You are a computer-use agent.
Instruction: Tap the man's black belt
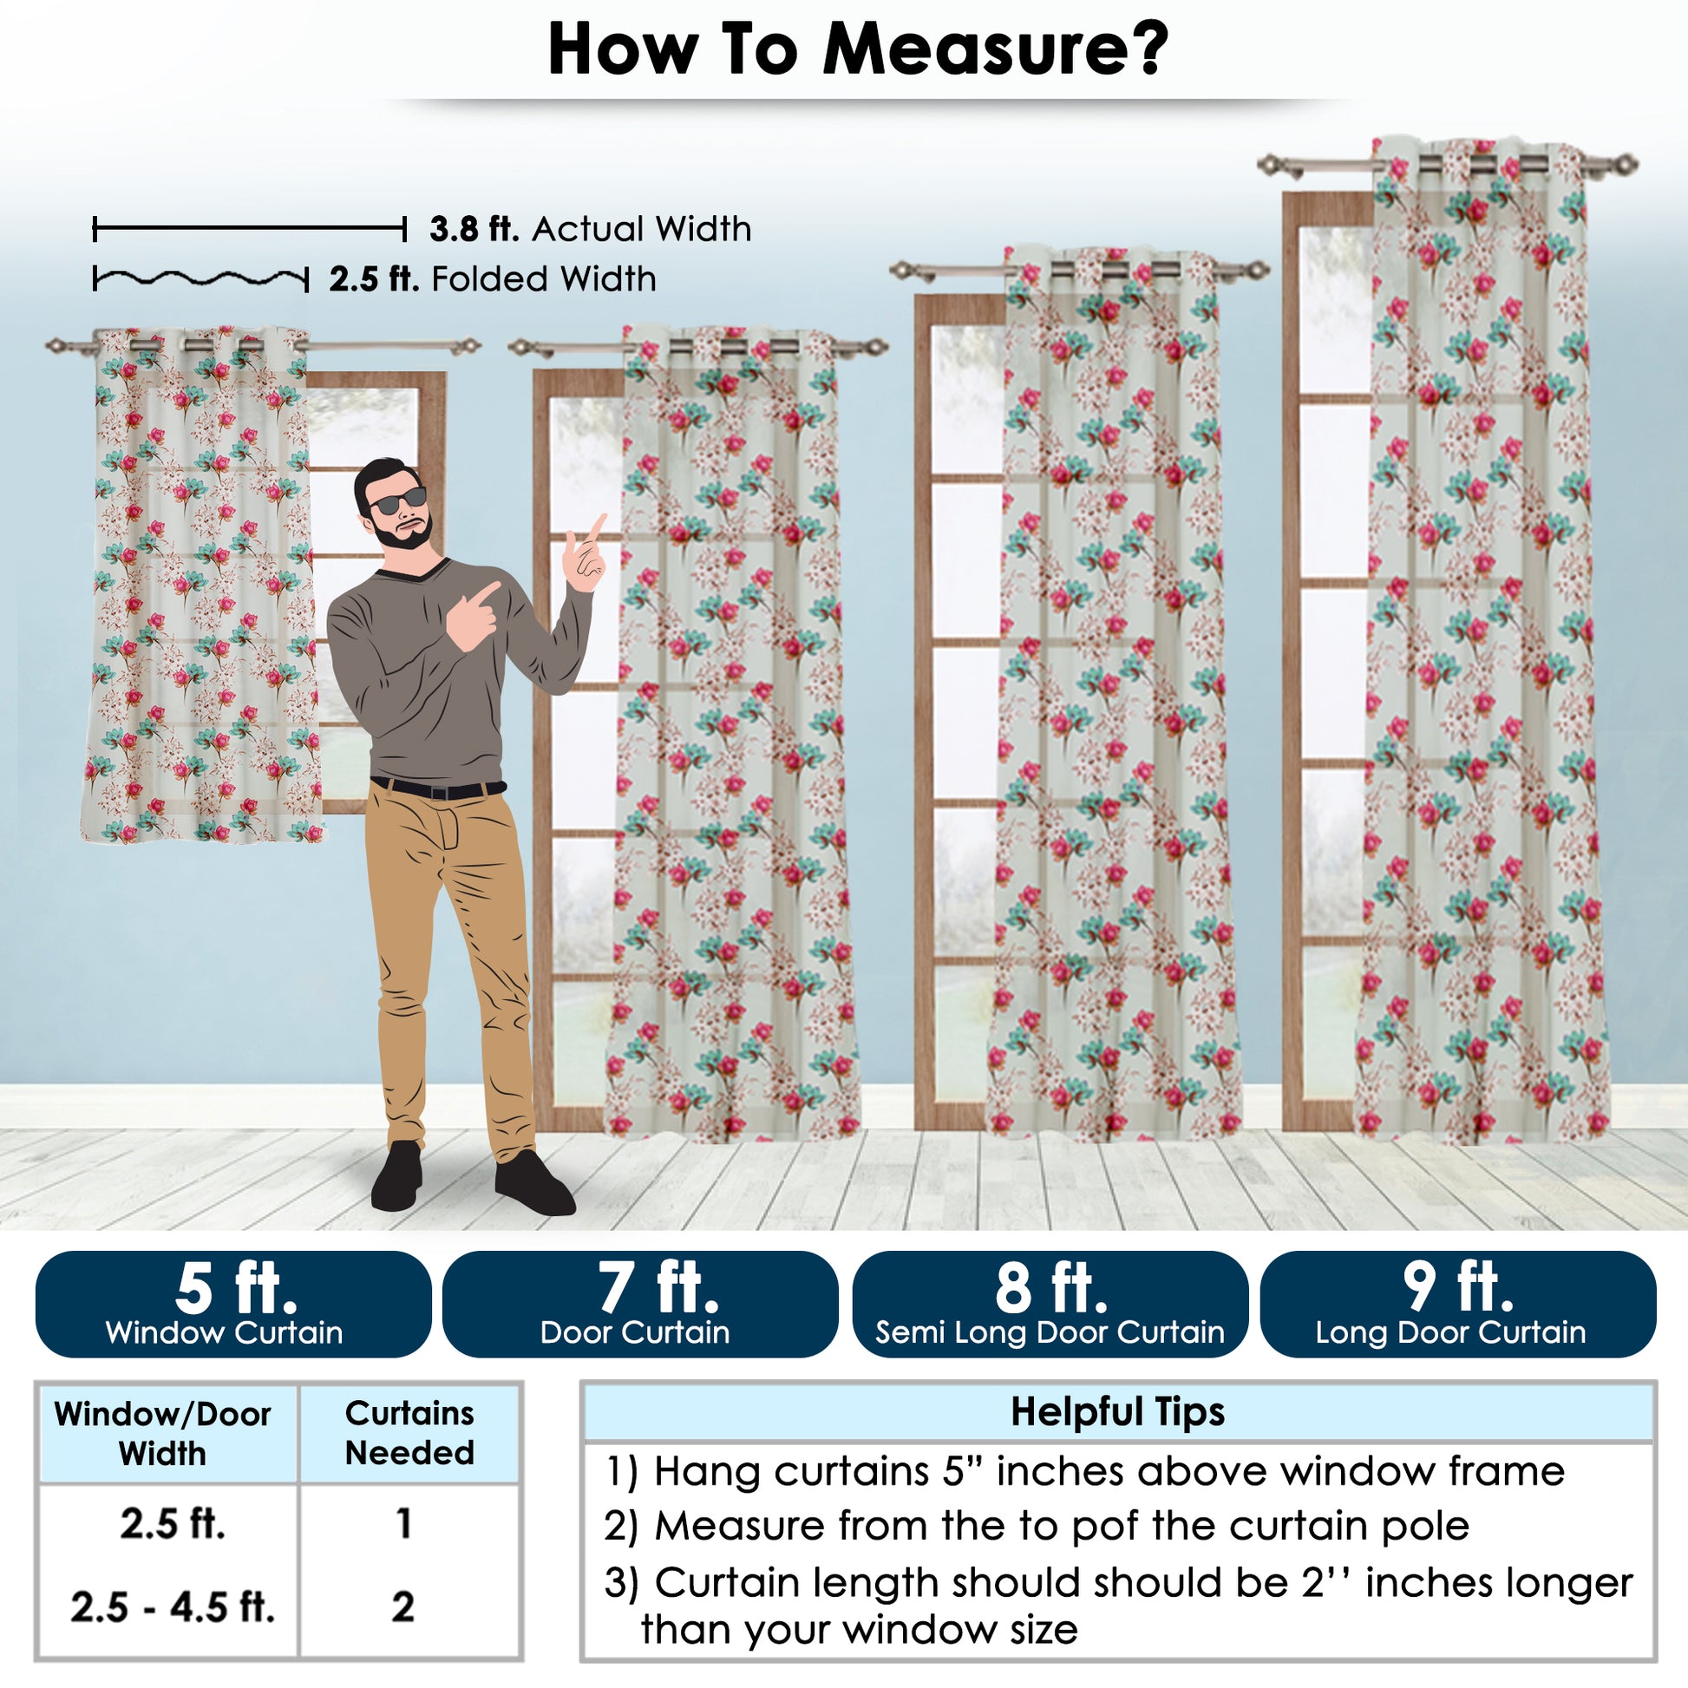pyautogui.click(x=438, y=789)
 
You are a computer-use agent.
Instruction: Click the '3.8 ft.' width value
pyautogui.click(x=474, y=229)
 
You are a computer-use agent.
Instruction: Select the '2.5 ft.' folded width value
pyautogui.click(x=374, y=279)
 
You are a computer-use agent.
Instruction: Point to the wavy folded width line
pyautogui.click(x=200, y=279)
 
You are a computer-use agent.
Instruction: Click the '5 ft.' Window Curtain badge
pyautogui.click(x=233, y=1305)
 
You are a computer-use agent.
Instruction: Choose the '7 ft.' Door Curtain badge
pyautogui.click(x=640, y=1305)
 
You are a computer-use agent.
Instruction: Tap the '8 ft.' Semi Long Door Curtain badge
pyautogui.click(x=1050, y=1305)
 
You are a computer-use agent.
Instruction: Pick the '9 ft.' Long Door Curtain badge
pyautogui.click(x=1458, y=1305)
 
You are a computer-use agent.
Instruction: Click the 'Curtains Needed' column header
pyautogui.click(x=409, y=1433)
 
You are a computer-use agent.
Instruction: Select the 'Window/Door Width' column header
pyautogui.click(x=162, y=1434)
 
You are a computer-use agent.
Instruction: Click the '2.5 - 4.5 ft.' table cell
pyautogui.click(x=172, y=1606)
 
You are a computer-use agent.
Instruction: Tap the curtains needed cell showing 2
pyautogui.click(x=402, y=1606)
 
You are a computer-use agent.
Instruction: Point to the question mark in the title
pyautogui.click(x=1147, y=48)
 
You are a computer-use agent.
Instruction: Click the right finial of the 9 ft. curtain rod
pyautogui.click(x=1625, y=163)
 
